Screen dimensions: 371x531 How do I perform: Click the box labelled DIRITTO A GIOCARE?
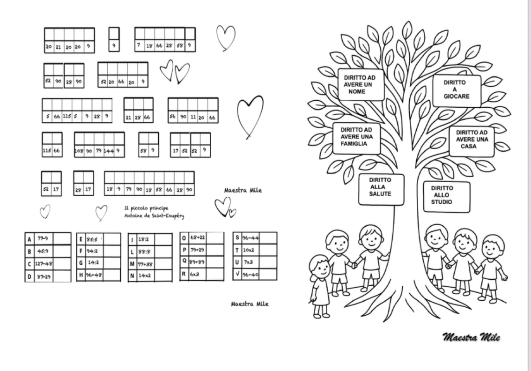[x=457, y=89]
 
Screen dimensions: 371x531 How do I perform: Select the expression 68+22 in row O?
[x=197, y=238]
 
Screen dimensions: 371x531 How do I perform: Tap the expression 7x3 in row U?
[x=248, y=262]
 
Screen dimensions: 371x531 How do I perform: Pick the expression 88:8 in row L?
[x=143, y=252]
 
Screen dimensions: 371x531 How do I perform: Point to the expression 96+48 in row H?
[x=94, y=275]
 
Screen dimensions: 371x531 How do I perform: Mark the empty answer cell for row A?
[x=62, y=239]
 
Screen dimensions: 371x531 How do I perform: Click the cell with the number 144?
[x=109, y=151]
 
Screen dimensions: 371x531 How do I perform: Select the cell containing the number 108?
[x=79, y=151]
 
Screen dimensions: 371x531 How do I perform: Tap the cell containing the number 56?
[x=173, y=117]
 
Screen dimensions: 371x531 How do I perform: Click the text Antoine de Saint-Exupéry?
[x=154, y=216]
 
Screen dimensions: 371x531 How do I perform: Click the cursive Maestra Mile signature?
[x=471, y=337]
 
